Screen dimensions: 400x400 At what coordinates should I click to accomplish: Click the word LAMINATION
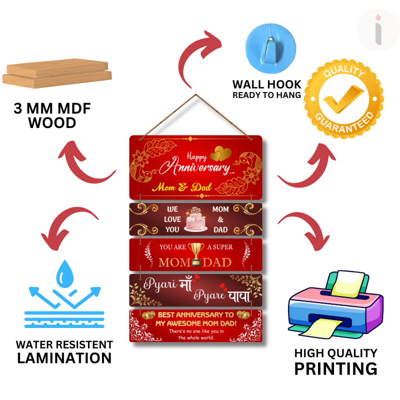tap(64, 358)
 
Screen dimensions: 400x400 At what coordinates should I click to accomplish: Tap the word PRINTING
tap(335, 368)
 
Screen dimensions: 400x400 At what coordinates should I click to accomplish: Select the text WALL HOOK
tap(266, 84)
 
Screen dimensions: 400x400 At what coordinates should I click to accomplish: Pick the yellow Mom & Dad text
tap(182, 188)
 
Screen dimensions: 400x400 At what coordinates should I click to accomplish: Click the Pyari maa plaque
tap(195, 290)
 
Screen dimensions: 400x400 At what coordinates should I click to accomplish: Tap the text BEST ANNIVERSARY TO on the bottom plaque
tap(195, 314)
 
